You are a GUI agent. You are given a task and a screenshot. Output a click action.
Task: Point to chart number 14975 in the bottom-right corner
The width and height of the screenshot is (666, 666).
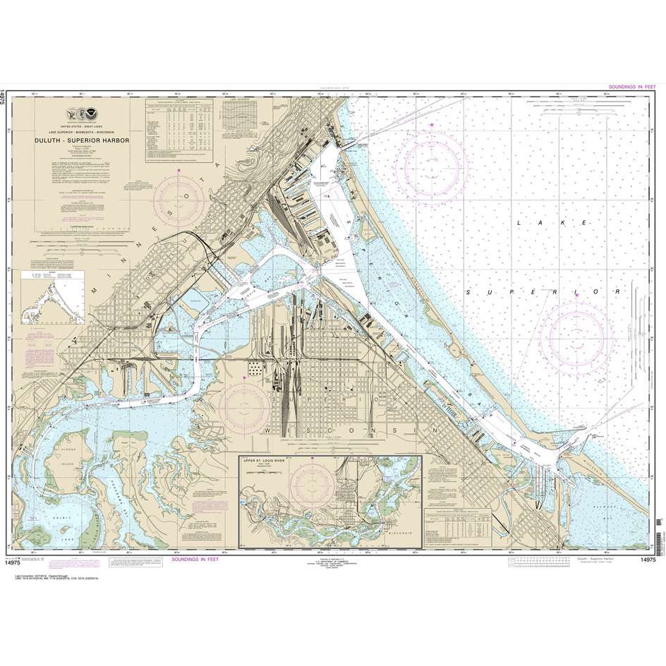click(x=647, y=559)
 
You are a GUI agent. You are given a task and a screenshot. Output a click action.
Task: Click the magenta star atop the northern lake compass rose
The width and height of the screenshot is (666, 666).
click(x=431, y=125)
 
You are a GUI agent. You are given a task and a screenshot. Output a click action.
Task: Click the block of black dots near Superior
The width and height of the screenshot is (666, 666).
click(x=253, y=368)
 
